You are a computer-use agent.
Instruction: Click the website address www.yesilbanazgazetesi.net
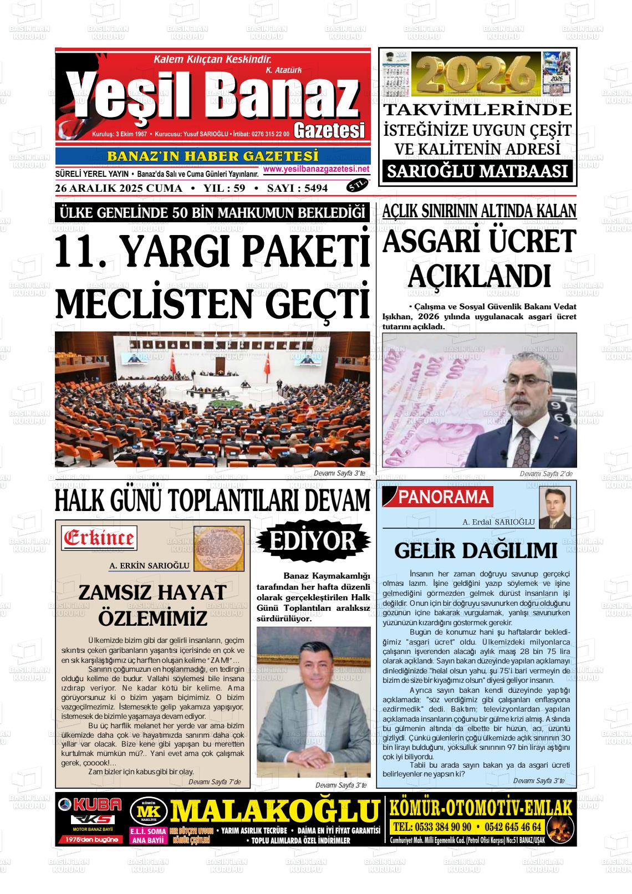click(x=316, y=169)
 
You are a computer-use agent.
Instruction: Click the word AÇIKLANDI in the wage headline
click(x=479, y=275)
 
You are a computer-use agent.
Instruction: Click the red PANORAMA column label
click(x=444, y=498)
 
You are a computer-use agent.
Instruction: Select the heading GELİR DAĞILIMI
click(x=476, y=550)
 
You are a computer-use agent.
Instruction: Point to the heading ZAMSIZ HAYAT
click(x=152, y=592)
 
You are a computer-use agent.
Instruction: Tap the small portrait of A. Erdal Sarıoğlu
click(x=554, y=508)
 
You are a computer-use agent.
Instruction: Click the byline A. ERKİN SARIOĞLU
click(x=150, y=566)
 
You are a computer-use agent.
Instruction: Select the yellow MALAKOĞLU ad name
click(x=275, y=811)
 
